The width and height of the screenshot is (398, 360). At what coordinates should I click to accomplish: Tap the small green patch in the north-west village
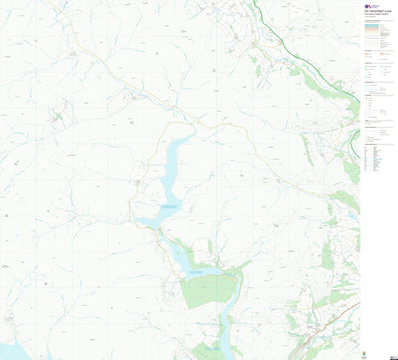pyautogui.click(x=57, y=117)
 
